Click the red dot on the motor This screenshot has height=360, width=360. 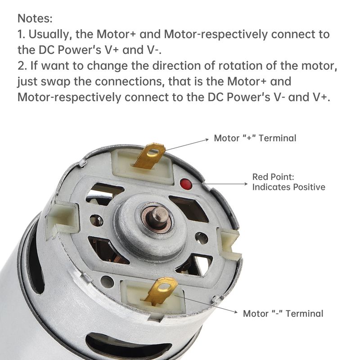coord(186,184)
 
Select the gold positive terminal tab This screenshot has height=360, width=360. coord(149,156)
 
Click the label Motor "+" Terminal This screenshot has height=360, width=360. coord(255,138)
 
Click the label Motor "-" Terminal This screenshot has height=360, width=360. coord(283,314)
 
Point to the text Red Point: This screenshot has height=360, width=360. coord(273,177)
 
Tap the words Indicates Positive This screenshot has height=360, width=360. coord(288,187)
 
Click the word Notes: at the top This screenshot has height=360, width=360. coord(35,18)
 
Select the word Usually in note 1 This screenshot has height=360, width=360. coord(49,35)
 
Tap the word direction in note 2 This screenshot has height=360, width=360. coord(176,66)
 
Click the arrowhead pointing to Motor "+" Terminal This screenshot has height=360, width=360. coord(207,139)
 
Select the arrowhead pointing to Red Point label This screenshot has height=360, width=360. coord(246,184)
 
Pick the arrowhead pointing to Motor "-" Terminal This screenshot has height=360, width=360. coord(235,312)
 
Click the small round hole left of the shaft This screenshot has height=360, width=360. coord(96,220)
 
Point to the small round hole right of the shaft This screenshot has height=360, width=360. coord(201,238)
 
